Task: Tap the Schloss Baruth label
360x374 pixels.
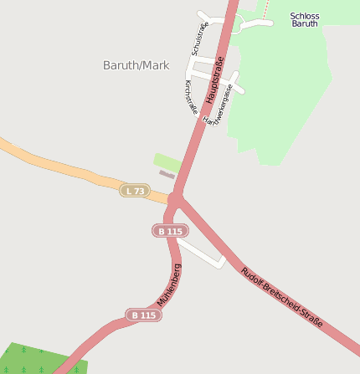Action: point(305,20)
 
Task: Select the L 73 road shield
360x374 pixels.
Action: point(134,191)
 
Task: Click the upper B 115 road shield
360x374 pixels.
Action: point(170,230)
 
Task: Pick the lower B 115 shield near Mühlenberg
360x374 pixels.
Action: point(143,315)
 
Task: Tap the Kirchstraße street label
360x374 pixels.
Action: point(191,97)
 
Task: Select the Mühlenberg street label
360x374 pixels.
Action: point(170,284)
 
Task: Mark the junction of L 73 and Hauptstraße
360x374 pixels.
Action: point(175,199)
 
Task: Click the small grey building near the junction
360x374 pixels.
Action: point(167,174)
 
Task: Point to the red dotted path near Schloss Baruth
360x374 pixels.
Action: point(267,8)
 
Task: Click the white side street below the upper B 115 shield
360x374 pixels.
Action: point(205,254)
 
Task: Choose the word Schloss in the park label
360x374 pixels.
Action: point(305,15)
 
